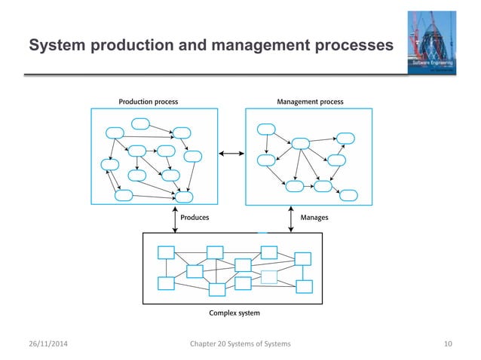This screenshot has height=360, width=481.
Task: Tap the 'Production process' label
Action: [149, 101]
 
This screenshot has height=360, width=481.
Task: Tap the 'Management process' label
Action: [311, 101]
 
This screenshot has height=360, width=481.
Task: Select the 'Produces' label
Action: [195, 217]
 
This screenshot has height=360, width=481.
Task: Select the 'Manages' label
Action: [314, 217]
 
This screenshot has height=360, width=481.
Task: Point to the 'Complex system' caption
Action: [233, 311]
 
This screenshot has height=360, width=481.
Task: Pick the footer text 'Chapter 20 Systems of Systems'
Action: [241, 344]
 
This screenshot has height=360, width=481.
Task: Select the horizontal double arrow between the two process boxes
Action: [231, 154]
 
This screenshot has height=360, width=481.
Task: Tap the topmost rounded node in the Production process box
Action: [140, 124]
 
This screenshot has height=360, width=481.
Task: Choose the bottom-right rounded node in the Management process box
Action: [348, 195]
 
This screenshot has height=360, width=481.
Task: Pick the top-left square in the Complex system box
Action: [166, 252]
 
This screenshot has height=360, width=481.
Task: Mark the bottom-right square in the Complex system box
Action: [304, 286]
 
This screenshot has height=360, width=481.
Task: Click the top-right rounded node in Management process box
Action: [346, 137]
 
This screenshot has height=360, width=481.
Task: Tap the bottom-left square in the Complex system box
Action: [166, 283]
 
